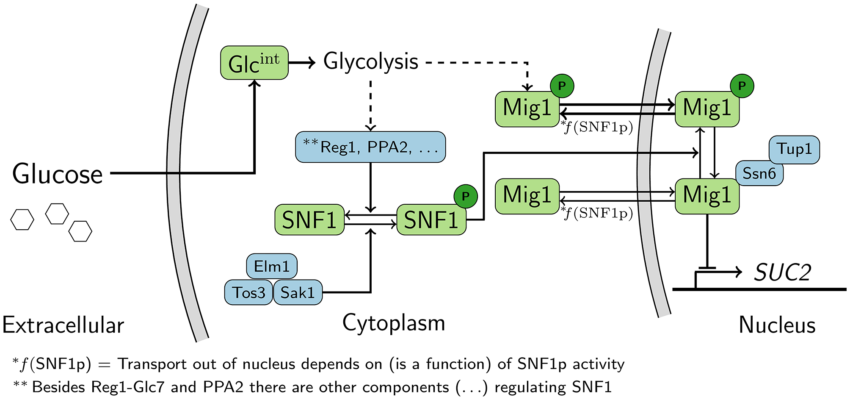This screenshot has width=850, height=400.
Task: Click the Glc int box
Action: click(254, 63)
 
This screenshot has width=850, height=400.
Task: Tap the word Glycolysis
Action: click(371, 62)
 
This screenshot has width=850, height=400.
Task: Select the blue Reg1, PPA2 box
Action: click(370, 147)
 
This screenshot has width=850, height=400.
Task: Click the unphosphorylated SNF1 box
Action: click(309, 219)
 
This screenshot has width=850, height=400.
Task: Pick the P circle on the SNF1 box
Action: click(466, 196)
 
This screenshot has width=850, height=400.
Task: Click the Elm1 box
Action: click(272, 267)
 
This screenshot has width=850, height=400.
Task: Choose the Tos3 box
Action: click(248, 292)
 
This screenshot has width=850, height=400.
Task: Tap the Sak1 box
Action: click(298, 292)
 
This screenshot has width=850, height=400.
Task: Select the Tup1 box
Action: click(794, 149)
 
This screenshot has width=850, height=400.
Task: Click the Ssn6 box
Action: click(759, 173)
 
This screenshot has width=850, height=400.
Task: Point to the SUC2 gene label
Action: click(783, 272)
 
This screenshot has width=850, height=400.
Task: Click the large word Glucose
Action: click(58, 174)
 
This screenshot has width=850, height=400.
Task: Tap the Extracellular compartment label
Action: click(63, 325)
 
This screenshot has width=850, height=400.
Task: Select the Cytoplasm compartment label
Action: click(394, 323)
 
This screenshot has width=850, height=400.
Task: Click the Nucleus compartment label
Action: click(777, 325)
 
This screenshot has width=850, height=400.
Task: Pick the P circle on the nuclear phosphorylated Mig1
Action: click(742, 86)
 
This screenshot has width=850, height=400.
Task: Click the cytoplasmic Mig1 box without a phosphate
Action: click(527, 196)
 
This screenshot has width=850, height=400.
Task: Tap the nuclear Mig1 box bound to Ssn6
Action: click(707, 196)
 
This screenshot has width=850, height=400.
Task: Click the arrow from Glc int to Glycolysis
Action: click(302, 63)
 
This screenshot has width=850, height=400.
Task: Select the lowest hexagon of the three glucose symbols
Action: click(80, 231)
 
